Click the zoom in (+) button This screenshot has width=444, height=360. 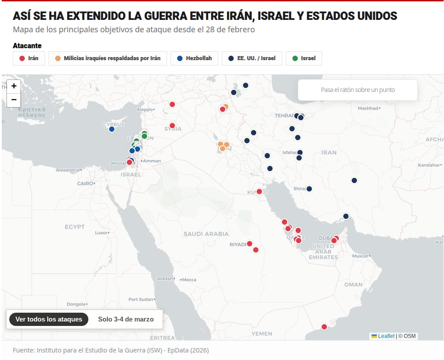pos(14,86)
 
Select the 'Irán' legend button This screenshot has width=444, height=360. pos(29,58)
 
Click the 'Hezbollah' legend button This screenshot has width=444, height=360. pos(194,58)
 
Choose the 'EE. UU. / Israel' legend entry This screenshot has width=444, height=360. pos(252,58)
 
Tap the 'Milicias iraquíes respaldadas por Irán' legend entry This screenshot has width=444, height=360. pos(108,58)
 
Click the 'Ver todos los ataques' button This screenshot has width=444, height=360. pos(49,319)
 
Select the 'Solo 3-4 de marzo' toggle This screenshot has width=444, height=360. pos(126,319)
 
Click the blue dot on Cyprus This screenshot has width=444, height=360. pos(112,129)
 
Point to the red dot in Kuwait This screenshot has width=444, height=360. pos(259,191)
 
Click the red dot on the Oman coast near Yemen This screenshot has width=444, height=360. pos(324,327)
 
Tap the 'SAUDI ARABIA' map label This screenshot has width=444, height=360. pos(206,234)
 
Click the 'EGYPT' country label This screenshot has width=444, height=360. pos(75,227)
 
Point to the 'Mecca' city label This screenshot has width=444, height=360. pos(189,280)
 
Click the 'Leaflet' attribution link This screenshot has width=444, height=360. pos(386,336)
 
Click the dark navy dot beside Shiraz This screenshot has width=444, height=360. pos(309,189)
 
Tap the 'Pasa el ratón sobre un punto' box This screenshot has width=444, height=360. pos(358,90)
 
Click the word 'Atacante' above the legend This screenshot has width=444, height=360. pos(27,46)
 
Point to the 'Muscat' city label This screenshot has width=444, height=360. pos(360,256)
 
